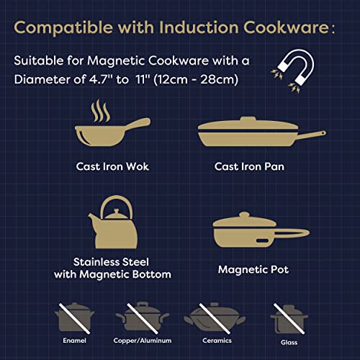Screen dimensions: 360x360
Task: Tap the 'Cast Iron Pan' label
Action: (x=248, y=166)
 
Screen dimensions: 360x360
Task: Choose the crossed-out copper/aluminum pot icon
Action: (x=143, y=317)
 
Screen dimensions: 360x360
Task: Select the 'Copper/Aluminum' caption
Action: (x=143, y=338)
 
